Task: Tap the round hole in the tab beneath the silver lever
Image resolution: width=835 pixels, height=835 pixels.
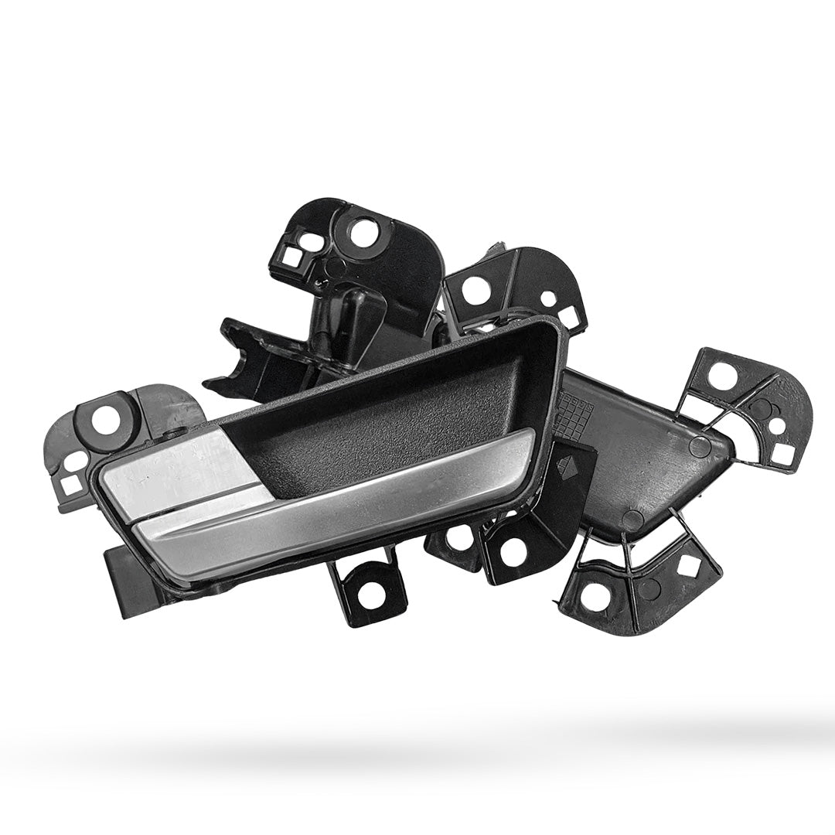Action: [368, 591]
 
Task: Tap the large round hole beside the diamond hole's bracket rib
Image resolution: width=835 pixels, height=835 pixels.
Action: [595, 595]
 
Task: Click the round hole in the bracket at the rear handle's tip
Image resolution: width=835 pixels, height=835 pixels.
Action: [721, 377]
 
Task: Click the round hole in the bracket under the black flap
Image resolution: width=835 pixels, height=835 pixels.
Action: [513, 552]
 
